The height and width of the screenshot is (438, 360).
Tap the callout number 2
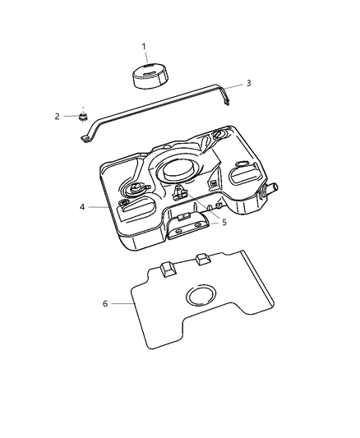click(58, 117)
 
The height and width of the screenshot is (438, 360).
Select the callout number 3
click(248, 84)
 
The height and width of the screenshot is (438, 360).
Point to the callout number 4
click(83, 207)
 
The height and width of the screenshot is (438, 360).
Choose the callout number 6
click(104, 303)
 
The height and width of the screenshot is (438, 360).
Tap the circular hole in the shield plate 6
click(199, 297)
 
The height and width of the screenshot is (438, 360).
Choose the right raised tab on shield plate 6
click(202, 260)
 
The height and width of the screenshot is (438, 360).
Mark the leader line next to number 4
click(99, 207)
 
